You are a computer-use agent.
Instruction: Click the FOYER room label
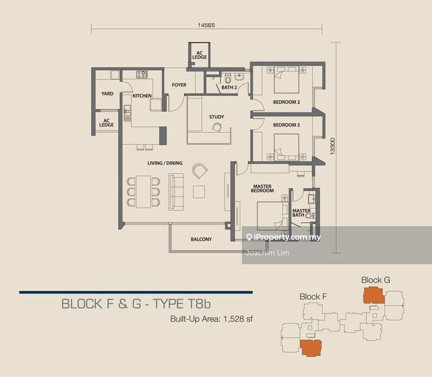(x=179, y=85)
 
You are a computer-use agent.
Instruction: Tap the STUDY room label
(x=217, y=117)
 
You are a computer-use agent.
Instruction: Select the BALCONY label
(x=202, y=239)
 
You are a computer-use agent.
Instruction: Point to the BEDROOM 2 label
(x=286, y=102)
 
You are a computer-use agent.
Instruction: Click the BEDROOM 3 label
(x=286, y=125)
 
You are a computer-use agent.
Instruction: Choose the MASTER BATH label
(x=301, y=213)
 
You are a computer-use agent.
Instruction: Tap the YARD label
(x=108, y=94)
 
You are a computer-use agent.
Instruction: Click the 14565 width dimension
(x=206, y=25)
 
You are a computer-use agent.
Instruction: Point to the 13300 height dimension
(x=333, y=146)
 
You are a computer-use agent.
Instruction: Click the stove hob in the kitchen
(x=142, y=74)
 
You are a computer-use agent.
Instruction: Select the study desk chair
(x=217, y=127)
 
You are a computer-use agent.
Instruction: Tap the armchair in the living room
(x=200, y=171)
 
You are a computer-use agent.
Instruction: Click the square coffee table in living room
(x=199, y=192)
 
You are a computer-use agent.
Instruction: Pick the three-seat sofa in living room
(x=176, y=192)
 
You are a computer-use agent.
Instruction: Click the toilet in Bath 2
(x=228, y=78)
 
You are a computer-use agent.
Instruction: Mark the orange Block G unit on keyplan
(x=374, y=295)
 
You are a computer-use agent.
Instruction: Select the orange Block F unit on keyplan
(x=310, y=348)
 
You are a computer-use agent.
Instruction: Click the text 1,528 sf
(x=238, y=319)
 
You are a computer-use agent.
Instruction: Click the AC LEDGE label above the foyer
(x=199, y=55)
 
